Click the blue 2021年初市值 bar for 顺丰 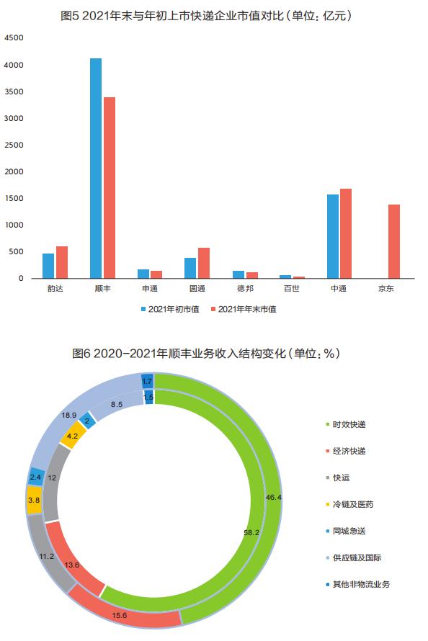click(96, 169)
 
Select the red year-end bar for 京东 click(394, 241)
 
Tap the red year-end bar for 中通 click(347, 233)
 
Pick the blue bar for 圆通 click(190, 268)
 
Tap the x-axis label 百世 click(291, 289)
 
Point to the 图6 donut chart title click(206, 354)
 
